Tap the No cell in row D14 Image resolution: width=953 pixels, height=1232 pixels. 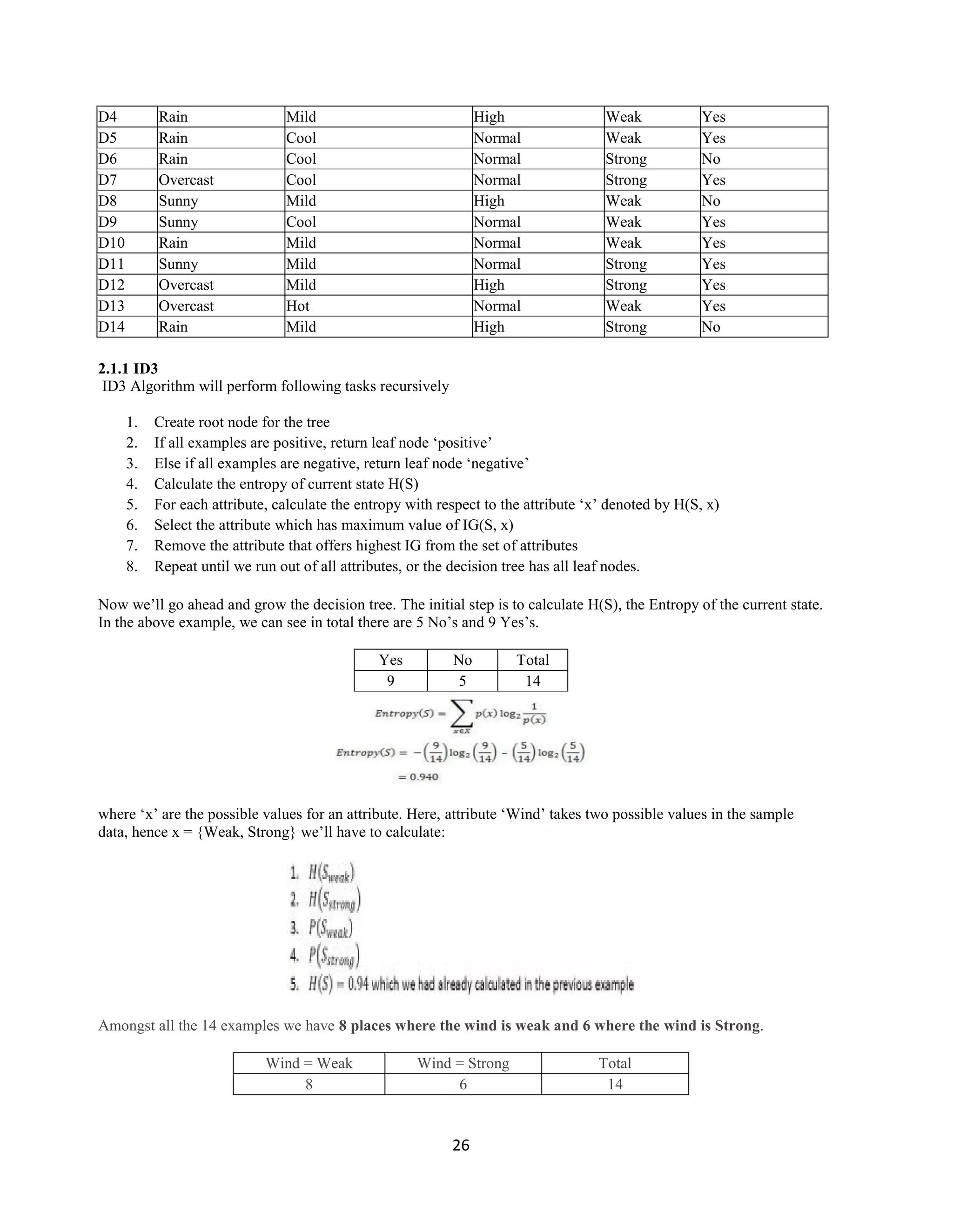coord(711,327)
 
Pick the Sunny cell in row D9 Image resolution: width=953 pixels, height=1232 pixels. coord(178,222)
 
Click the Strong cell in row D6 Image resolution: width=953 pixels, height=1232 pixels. coord(626,159)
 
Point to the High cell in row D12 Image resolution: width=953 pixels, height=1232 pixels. coord(489,285)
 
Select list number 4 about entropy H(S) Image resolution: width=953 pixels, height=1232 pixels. coord(132,484)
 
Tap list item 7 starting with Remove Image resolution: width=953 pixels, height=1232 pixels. coord(365,545)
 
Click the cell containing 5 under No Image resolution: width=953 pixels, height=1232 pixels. coord(463,681)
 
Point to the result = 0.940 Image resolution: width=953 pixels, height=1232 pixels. coord(418,777)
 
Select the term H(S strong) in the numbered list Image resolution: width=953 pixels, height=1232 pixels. coord(334,901)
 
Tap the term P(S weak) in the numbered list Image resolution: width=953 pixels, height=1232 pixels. coord(331,929)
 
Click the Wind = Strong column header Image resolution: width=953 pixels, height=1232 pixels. coord(463,1063)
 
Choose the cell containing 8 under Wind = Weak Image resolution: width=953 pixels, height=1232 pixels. coord(309,1084)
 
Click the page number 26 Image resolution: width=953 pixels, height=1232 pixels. coord(461,1145)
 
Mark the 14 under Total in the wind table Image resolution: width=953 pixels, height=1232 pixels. coord(615,1084)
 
